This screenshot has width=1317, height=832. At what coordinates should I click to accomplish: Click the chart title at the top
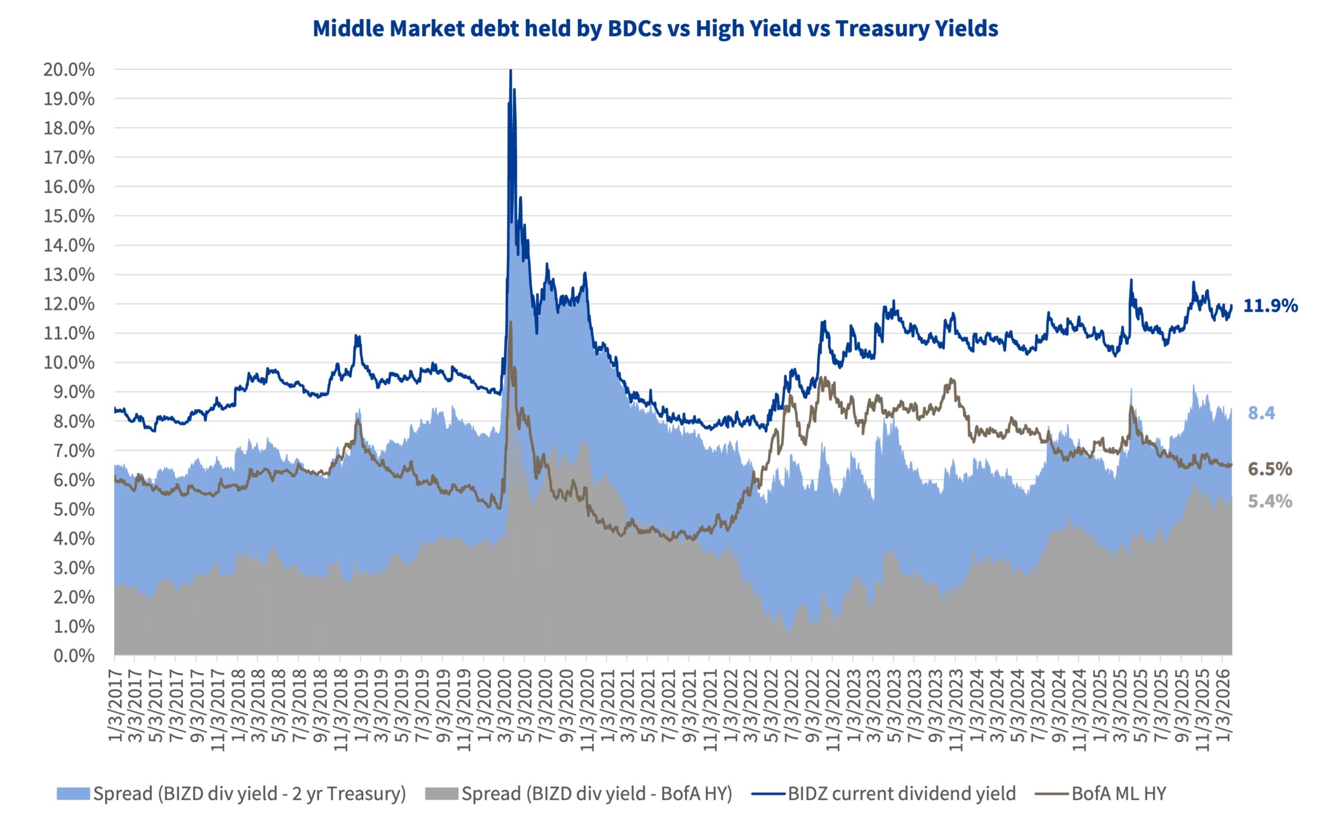point(655,28)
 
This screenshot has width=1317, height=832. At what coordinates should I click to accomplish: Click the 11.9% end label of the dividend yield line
point(1270,305)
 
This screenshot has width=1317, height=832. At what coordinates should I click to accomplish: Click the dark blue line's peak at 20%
point(510,70)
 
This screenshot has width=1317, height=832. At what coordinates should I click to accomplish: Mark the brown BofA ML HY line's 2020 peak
point(511,322)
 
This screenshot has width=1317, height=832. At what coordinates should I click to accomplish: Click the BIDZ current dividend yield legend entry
point(901,793)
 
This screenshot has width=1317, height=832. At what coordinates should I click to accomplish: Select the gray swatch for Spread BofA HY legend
point(441,794)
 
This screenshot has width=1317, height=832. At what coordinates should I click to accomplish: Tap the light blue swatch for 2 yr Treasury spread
point(73,794)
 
